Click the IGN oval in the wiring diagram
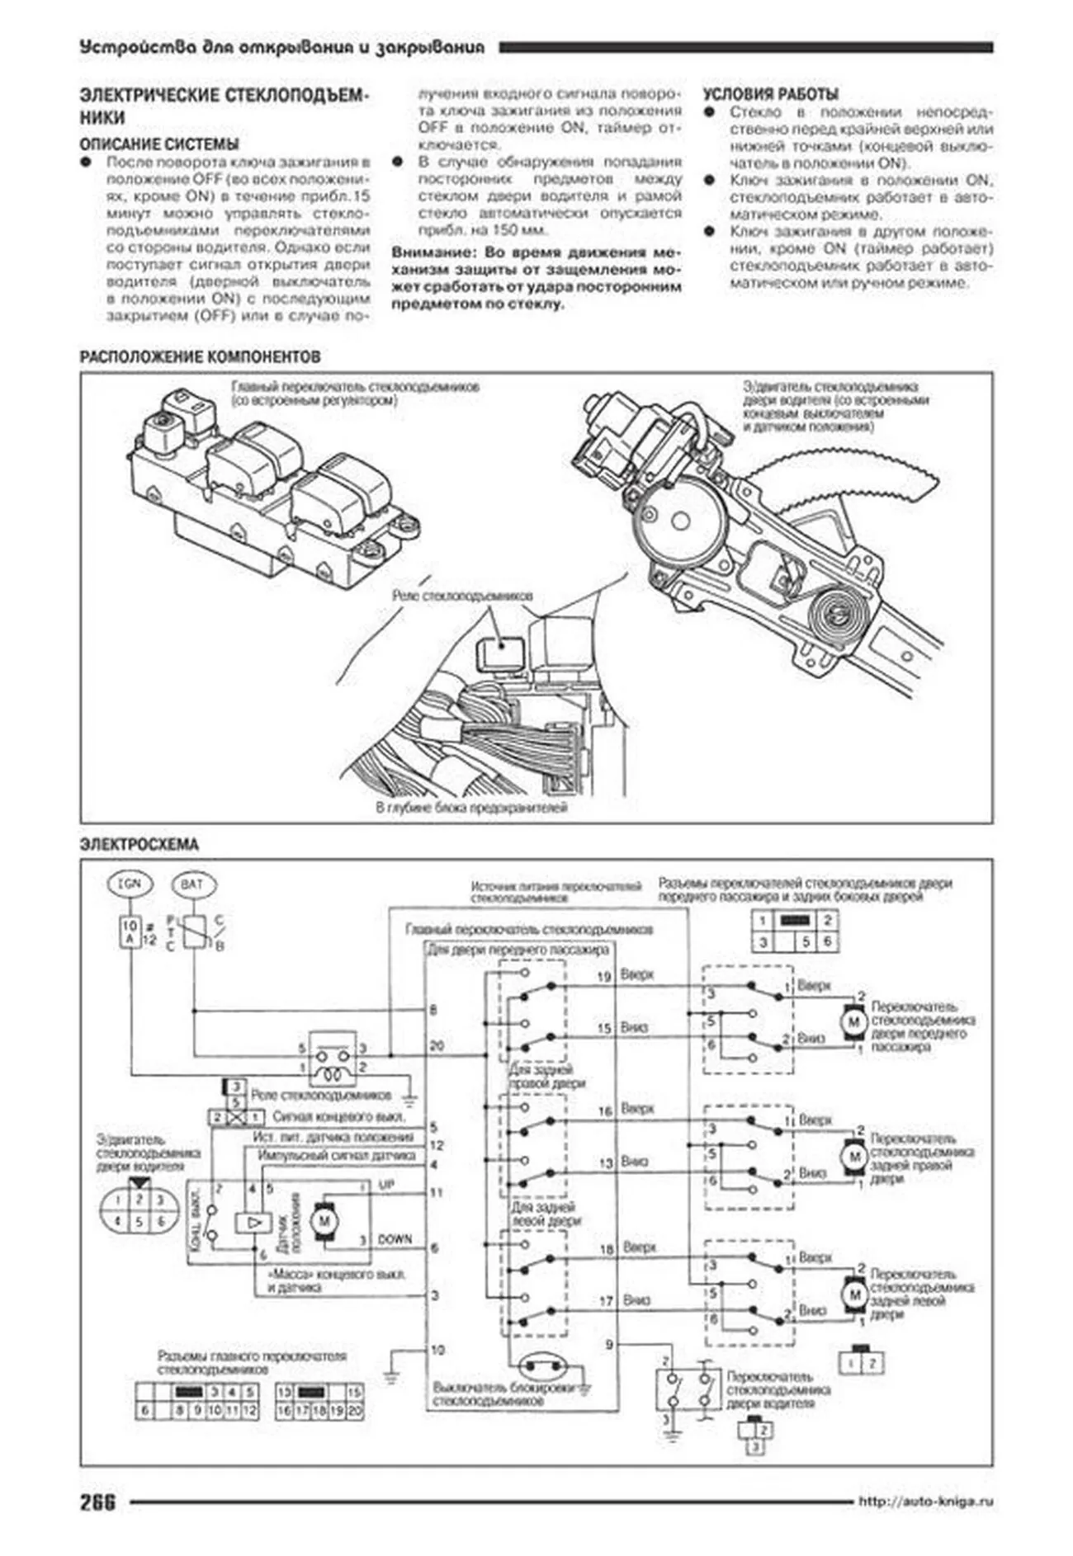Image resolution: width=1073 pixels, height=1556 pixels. click(130, 884)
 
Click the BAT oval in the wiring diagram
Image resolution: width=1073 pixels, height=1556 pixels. click(191, 884)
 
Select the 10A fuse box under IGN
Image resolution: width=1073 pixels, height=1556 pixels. click(130, 932)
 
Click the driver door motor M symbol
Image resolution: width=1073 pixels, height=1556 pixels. click(324, 1219)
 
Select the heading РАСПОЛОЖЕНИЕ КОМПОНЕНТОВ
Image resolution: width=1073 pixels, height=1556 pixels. click(200, 357)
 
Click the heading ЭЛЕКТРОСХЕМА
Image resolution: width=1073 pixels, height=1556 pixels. click(139, 845)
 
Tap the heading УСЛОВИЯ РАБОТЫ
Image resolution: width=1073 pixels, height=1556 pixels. click(770, 94)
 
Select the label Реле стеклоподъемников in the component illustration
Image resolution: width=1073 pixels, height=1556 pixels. click(462, 596)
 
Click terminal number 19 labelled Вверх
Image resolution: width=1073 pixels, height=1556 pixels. click(603, 977)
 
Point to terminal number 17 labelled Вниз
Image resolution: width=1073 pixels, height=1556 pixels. click(605, 1301)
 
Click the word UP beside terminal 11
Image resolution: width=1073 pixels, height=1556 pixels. click(386, 1185)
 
